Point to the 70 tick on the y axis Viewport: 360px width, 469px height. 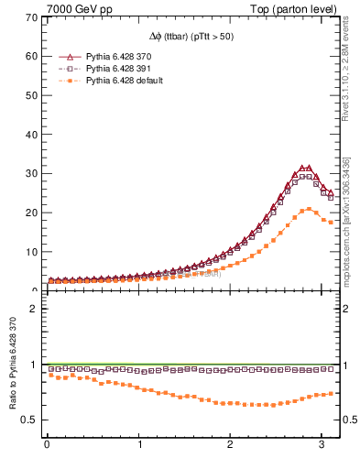pyautogui.click(x=30, y=17)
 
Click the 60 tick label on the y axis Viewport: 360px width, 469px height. pyautogui.click(x=30, y=56)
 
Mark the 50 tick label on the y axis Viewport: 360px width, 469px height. pyautogui.click(x=30, y=95)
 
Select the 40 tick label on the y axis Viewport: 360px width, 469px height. pyautogui.click(x=30, y=135)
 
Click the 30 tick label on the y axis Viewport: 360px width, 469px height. pyautogui.click(x=30, y=173)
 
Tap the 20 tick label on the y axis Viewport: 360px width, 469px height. pyautogui.click(x=30, y=213)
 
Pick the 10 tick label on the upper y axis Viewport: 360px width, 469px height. pyautogui.click(x=30, y=252)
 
